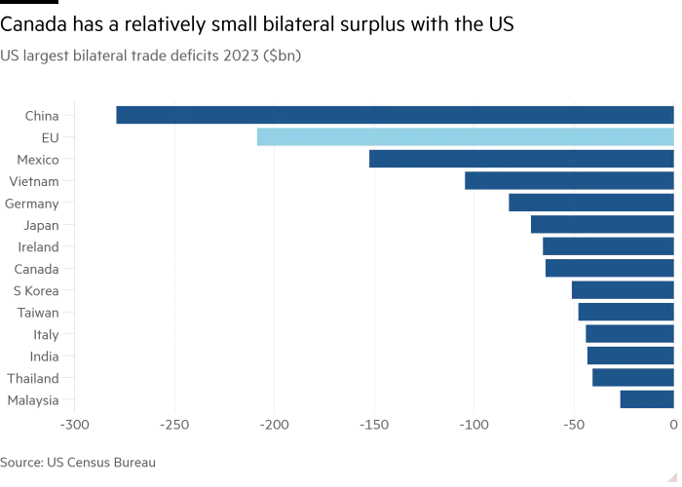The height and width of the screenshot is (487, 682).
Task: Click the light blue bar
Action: click(463, 136)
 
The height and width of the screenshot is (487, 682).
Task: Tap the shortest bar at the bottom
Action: click(646, 399)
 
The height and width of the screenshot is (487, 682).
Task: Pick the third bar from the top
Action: click(521, 159)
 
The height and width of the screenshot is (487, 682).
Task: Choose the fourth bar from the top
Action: click(568, 181)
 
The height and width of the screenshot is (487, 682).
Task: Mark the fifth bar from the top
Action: click(590, 203)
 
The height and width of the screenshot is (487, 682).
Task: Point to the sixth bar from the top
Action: click(602, 224)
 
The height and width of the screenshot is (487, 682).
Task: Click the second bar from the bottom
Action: click(633, 377)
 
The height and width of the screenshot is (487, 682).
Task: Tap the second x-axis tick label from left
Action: click(174, 426)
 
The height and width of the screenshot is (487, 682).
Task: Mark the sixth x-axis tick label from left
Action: click(574, 426)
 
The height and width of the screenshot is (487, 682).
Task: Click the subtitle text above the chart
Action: click(151, 55)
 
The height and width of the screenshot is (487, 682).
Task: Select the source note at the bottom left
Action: click(78, 461)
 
